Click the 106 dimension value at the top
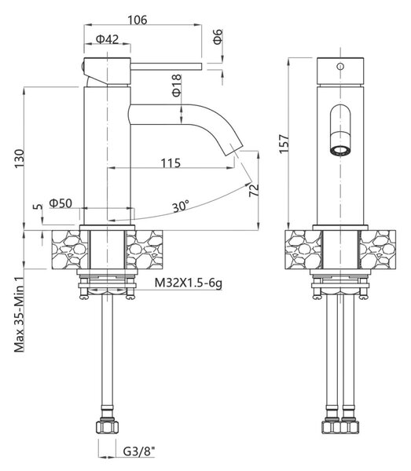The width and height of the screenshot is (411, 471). click(138, 20)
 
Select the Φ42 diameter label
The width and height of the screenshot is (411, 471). click(107, 39)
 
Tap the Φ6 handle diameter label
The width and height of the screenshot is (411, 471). click(218, 37)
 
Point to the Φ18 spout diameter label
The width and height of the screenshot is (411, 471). click(177, 86)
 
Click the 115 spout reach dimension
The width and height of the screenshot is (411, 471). click(171, 162)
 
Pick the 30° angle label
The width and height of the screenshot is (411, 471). click(181, 206)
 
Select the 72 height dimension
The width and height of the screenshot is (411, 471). click(254, 190)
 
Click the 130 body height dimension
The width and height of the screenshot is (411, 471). click(20, 159)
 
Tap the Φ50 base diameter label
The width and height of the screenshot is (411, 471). click(61, 203)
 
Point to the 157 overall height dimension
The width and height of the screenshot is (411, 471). click(284, 144)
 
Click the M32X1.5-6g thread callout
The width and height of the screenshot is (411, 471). click(189, 283)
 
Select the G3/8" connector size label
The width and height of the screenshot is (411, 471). click(139, 451)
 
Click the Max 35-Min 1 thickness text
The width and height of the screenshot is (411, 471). click(19, 319)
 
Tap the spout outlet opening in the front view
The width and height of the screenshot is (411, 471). click(340, 151)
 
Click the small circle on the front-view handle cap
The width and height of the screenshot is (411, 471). click(340, 66)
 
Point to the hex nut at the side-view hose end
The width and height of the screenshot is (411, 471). click(107, 427)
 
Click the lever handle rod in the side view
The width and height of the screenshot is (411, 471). click(166, 67)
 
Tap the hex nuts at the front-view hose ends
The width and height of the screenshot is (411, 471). click(340, 427)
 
